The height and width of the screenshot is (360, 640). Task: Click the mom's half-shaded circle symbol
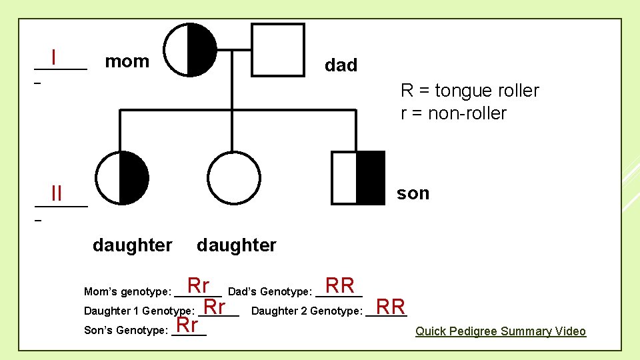click(x=191, y=49)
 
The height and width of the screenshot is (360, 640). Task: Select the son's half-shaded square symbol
click(x=359, y=177)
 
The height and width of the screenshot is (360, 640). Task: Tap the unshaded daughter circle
click(x=233, y=177)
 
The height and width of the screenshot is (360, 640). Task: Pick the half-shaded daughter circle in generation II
click(x=122, y=177)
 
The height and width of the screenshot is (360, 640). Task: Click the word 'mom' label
click(x=127, y=62)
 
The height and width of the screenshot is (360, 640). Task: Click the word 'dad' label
click(x=341, y=65)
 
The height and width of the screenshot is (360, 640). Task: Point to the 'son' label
click(x=413, y=193)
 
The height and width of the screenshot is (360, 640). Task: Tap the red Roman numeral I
click(x=53, y=57)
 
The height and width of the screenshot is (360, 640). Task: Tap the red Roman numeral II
click(x=56, y=194)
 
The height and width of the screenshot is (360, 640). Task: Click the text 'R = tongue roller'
click(x=469, y=91)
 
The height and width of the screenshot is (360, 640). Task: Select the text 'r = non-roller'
click(x=453, y=113)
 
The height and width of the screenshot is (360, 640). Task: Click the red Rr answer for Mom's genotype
click(x=199, y=285)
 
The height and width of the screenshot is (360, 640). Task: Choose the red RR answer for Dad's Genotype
click(x=340, y=285)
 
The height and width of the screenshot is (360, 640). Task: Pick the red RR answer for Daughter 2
click(x=391, y=307)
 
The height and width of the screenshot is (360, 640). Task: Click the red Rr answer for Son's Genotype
click(x=187, y=325)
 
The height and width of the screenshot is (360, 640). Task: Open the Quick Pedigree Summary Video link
click(x=501, y=331)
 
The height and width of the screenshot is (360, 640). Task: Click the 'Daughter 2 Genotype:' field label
click(x=307, y=311)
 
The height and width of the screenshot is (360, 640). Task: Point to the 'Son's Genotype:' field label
click(x=125, y=330)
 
